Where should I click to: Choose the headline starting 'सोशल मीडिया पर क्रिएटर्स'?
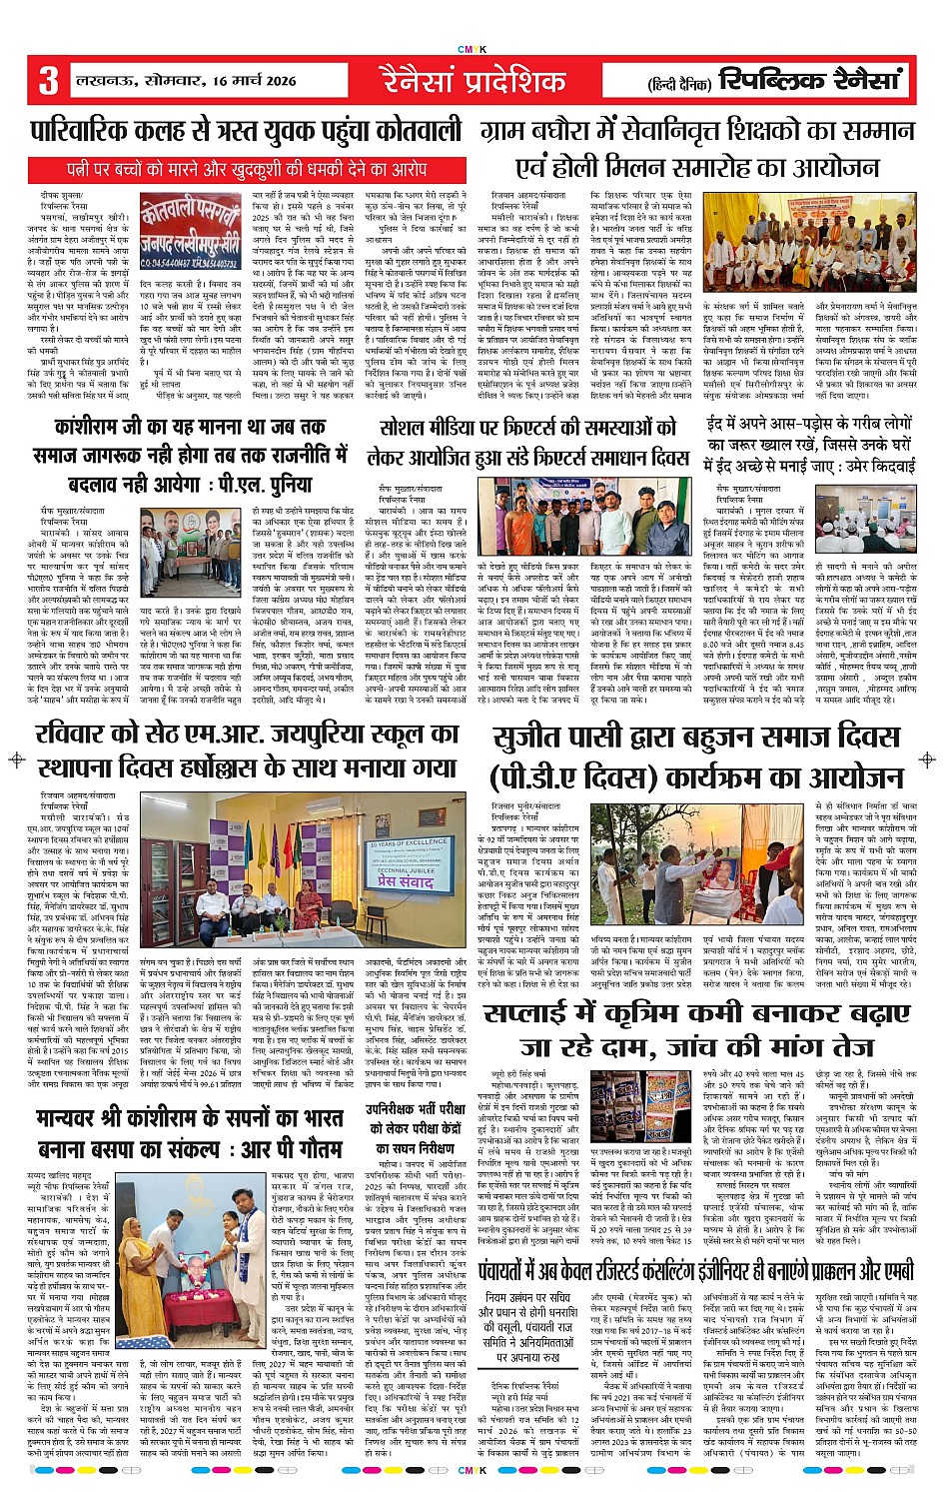coord(527,427)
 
